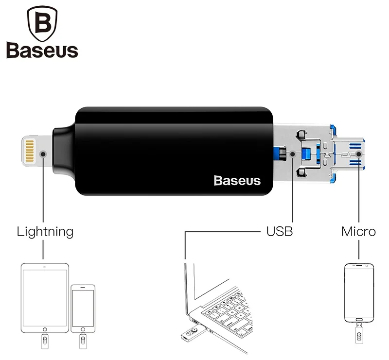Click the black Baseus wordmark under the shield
42,51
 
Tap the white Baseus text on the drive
237,181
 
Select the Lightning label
45,231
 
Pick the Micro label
358,231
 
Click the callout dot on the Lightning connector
44,154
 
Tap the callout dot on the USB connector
292,154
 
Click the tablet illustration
45,297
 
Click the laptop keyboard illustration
229,308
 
